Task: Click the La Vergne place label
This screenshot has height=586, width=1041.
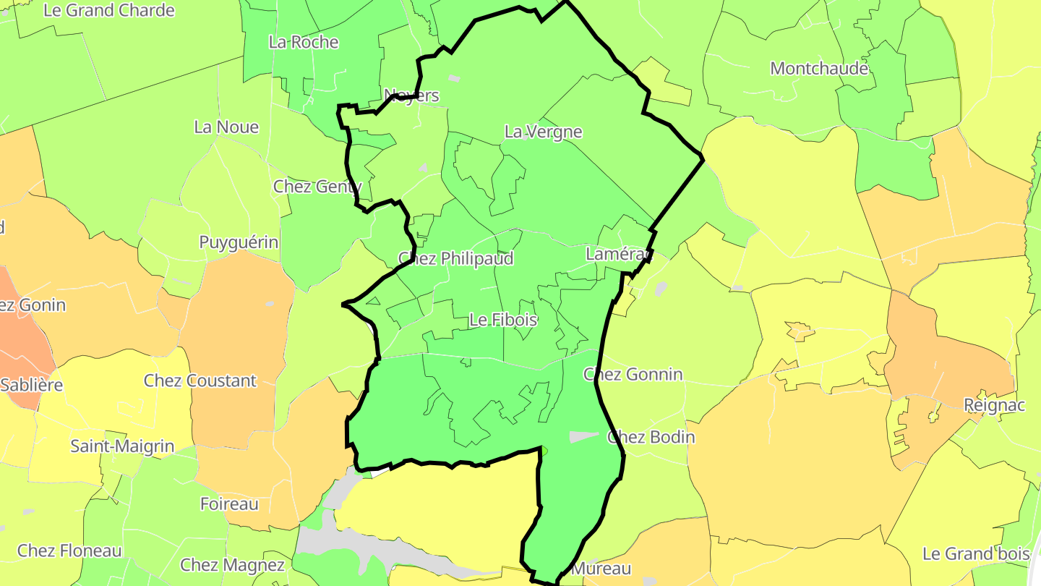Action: pos(543,132)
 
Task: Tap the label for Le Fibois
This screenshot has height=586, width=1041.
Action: pos(503,319)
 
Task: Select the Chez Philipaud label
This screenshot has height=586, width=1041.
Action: pos(456,258)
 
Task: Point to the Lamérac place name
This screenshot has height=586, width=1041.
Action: pos(619,254)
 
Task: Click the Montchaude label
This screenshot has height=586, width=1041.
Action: pos(819,69)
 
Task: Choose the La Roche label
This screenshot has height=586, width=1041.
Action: pos(304,42)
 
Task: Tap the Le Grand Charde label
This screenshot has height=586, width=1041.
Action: pos(109,10)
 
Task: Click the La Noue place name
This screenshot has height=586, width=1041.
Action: pos(226,127)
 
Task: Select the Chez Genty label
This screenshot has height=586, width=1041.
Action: pos(317,187)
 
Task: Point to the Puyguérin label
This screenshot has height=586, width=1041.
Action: pos(239,242)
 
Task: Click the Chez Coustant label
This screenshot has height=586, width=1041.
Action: pos(200,381)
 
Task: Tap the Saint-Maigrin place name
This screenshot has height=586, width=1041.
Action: pos(122,446)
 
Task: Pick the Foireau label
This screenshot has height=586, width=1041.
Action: pos(229,504)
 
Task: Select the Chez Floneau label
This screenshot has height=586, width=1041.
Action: pos(69,551)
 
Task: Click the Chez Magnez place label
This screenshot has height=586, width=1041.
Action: pos(232,564)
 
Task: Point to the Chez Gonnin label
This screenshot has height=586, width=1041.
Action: pos(633,374)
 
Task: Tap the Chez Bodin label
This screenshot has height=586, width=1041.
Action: pos(651,437)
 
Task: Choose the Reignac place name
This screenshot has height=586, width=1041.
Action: pos(995,405)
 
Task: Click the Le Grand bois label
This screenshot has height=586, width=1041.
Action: pos(976,554)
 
